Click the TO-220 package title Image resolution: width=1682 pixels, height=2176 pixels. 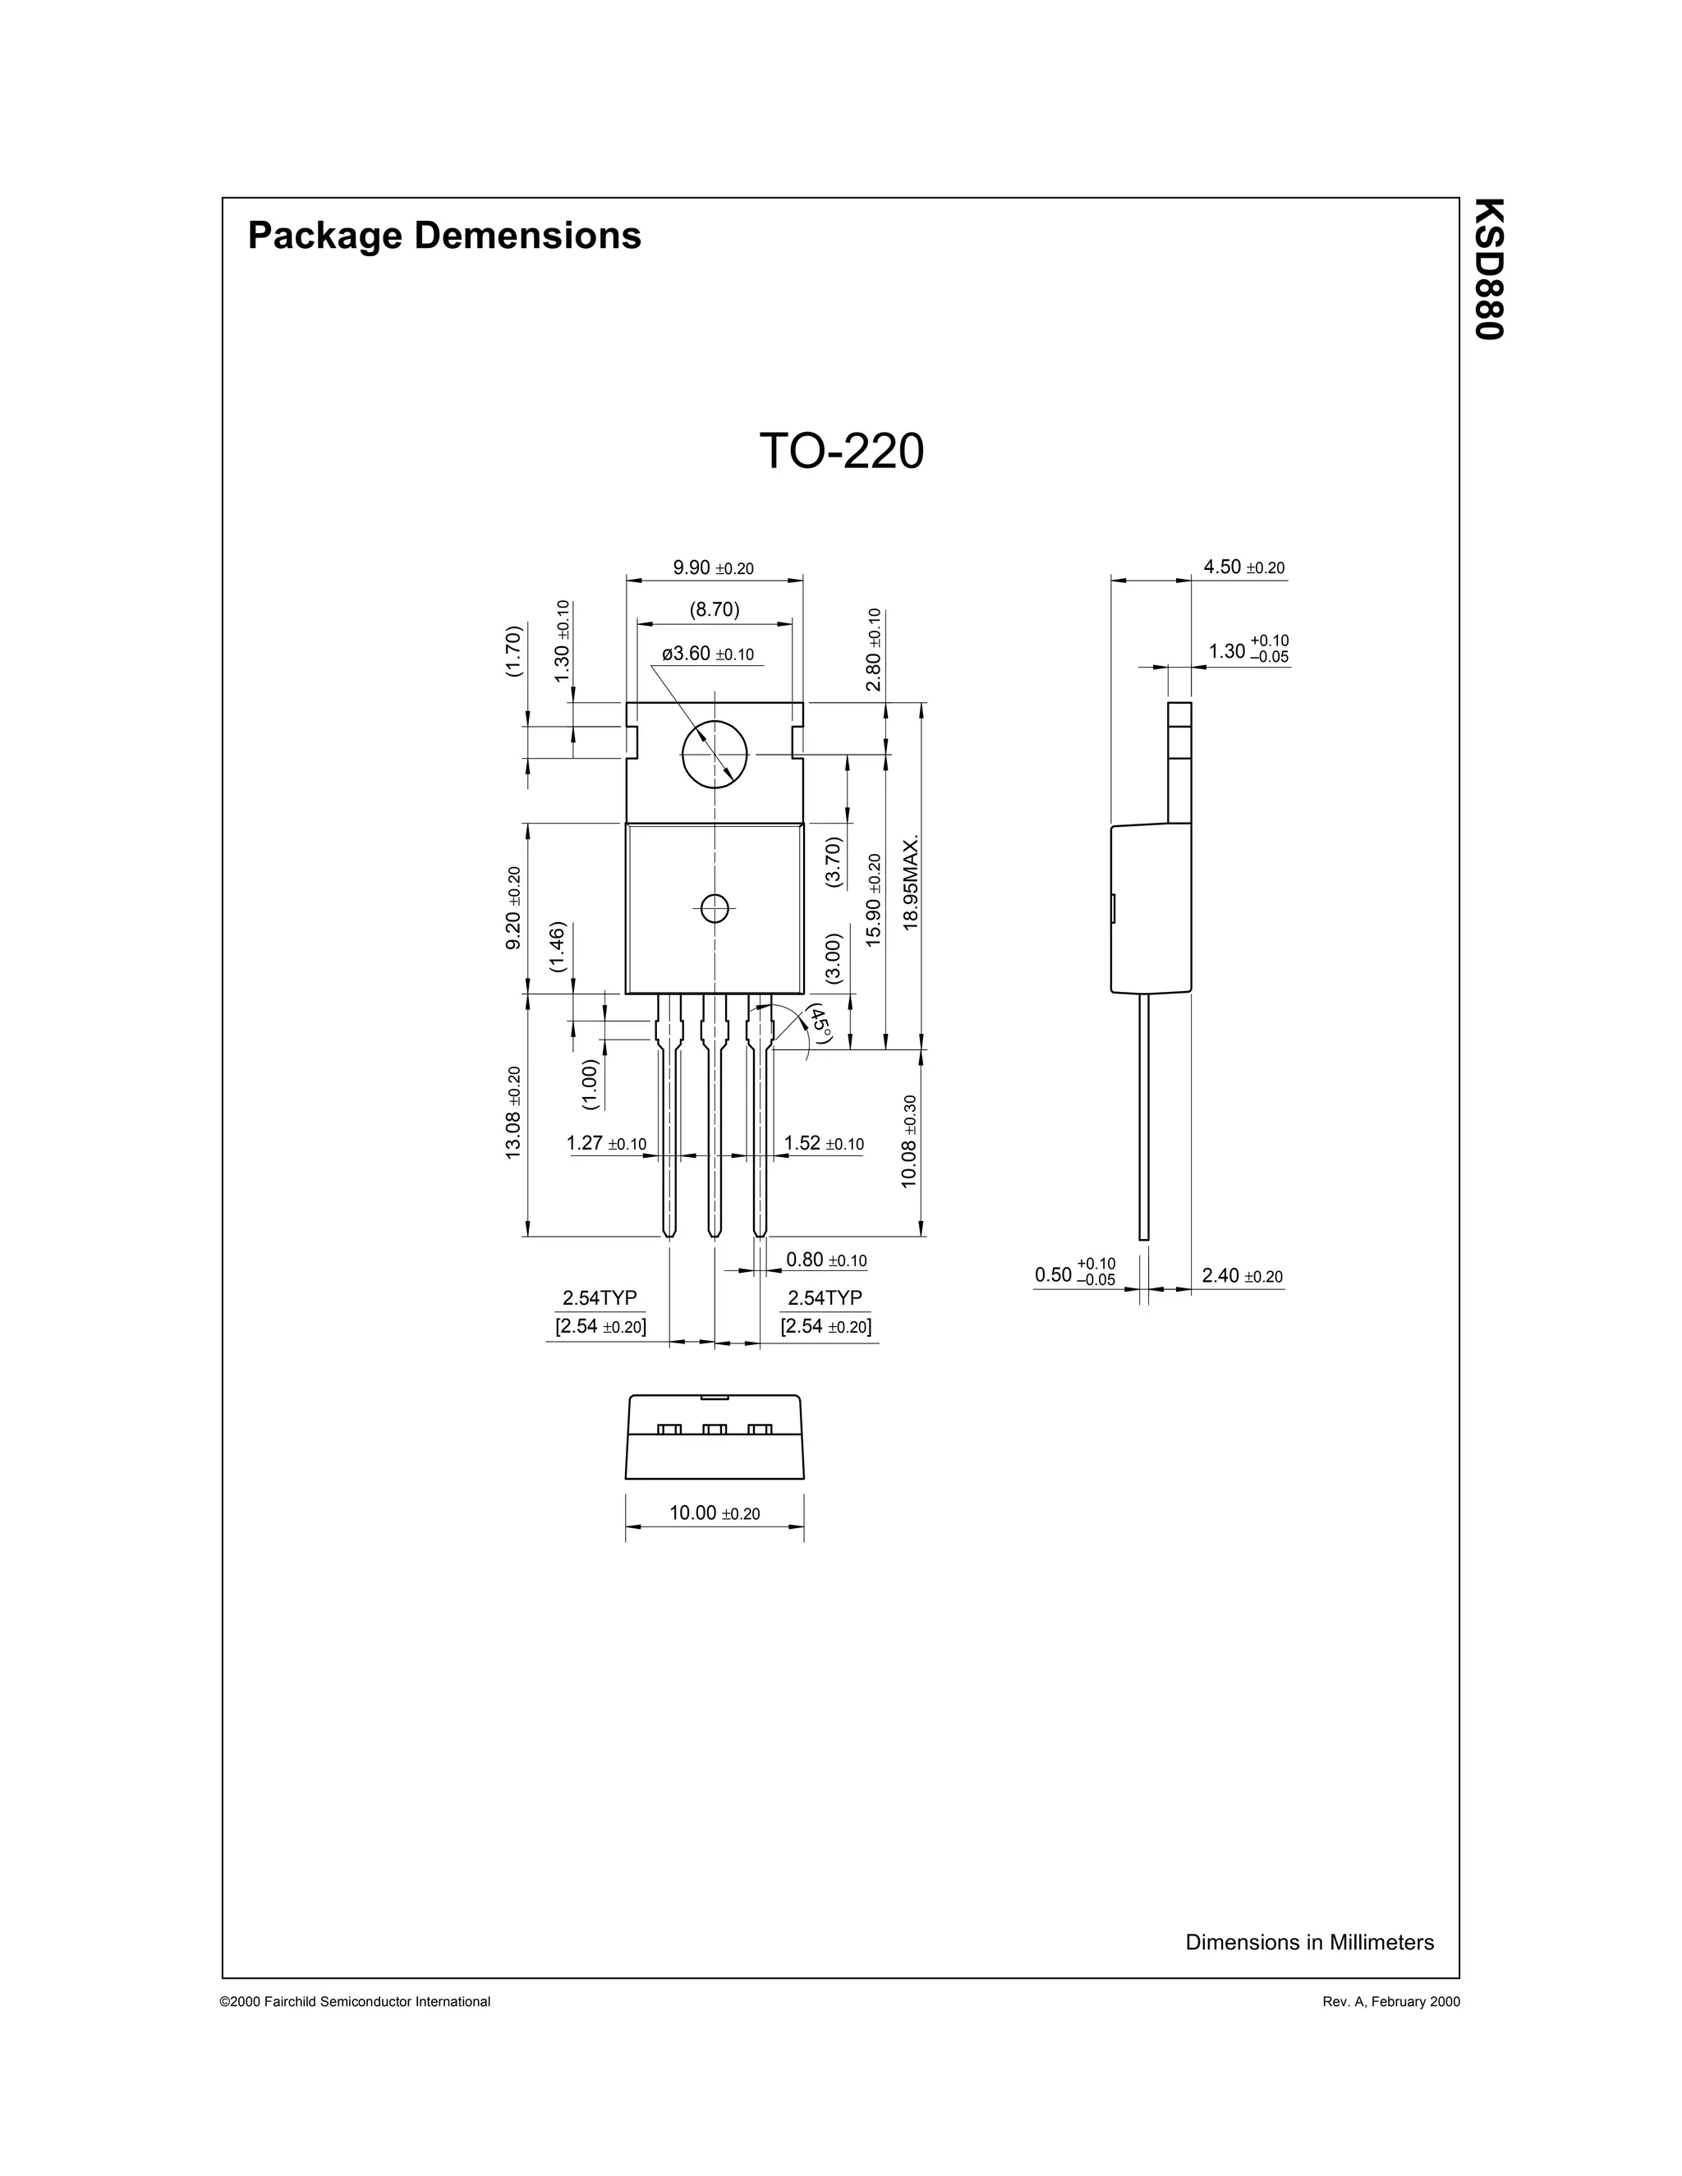pos(841,452)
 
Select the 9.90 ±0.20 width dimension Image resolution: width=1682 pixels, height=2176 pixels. pos(714,568)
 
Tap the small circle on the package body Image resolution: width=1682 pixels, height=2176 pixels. pos(715,907)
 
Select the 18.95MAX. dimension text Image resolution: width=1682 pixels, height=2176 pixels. pos(910,883)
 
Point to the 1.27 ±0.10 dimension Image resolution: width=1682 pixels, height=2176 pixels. pos(606,1144)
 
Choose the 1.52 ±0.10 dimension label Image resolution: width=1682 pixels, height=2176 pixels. pos(824,1144)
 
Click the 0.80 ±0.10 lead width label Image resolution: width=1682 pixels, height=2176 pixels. pos(826,1260)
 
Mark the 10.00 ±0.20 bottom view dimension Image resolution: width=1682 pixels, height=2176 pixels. pos(715,1513)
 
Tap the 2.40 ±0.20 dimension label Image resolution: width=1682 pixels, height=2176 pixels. pos(1242,1276)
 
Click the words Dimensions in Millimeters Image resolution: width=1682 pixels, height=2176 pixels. pos(1309,1942)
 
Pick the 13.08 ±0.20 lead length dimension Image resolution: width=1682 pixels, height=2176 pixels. pos(513,1112)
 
